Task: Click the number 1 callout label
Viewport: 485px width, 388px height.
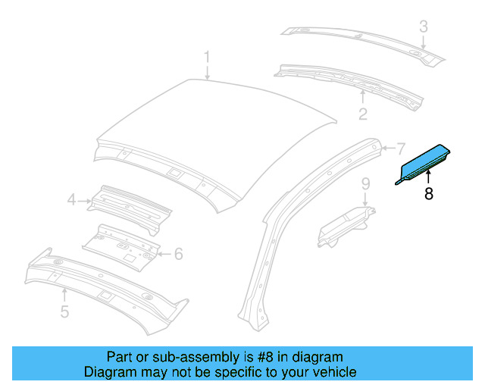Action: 207,58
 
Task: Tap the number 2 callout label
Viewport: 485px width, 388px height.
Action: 363,114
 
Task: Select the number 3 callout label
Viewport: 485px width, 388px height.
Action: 424,27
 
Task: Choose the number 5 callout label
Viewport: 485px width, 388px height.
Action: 64,311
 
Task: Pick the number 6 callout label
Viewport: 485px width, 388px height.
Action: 179,254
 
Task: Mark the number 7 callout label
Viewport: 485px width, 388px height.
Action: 402,148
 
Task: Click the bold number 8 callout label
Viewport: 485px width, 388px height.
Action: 429,194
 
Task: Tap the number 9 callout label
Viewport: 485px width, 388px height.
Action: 365,183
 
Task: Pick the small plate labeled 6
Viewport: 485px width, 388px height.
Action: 121,244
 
